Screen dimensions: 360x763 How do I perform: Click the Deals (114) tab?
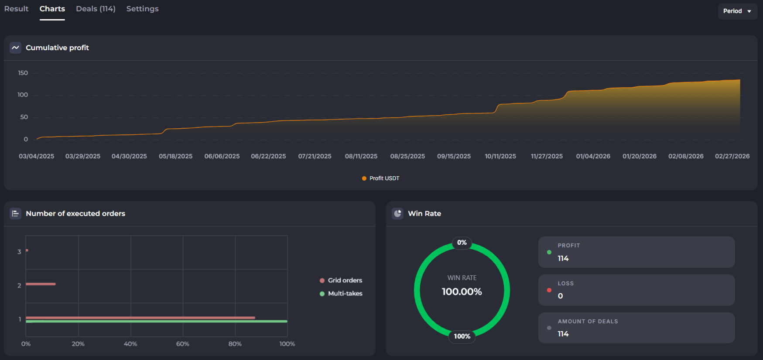[x=96, y=9]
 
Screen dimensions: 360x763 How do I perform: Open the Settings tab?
[x=142, y=9]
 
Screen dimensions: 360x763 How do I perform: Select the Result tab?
[x=16, y=9]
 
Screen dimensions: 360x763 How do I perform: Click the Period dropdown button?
[x=737, y=11]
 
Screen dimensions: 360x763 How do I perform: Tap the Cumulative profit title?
[x=57, y=48]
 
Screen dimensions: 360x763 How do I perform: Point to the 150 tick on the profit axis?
[x=23, y=73]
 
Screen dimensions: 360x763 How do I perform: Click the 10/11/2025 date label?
[x=500, y=156]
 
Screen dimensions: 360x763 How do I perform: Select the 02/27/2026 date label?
[x=732, y=156]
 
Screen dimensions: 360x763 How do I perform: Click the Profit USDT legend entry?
[x=381, y=178]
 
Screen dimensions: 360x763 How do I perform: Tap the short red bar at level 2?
[x=41, y=284]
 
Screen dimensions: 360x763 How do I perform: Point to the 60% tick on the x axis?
[x=182, y=344]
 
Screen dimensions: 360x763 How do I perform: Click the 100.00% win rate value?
[x=462, y=291]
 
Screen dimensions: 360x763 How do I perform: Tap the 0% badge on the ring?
[x=462, y=243]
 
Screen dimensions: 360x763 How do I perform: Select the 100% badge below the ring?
[x=462, y=336]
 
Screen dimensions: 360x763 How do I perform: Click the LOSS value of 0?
[x=560, y=296]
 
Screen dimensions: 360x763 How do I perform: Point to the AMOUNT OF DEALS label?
[x=588, y=321]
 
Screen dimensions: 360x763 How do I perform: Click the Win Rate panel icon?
[x=397, y=213]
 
